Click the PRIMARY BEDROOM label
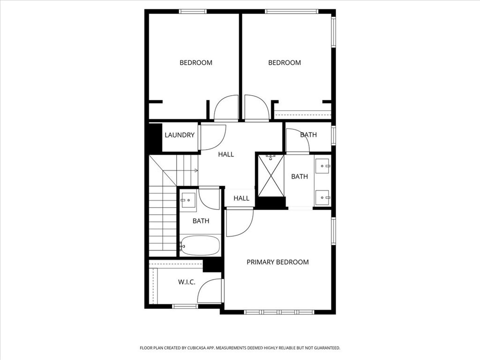277,262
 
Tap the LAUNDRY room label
179,135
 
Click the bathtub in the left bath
200,246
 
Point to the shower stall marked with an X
271,175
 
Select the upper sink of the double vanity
322,166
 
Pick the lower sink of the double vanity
322,197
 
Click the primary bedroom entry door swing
239,222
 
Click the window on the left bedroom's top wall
193,11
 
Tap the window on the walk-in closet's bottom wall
185,306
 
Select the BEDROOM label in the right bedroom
284,62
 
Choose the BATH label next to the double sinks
299,176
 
